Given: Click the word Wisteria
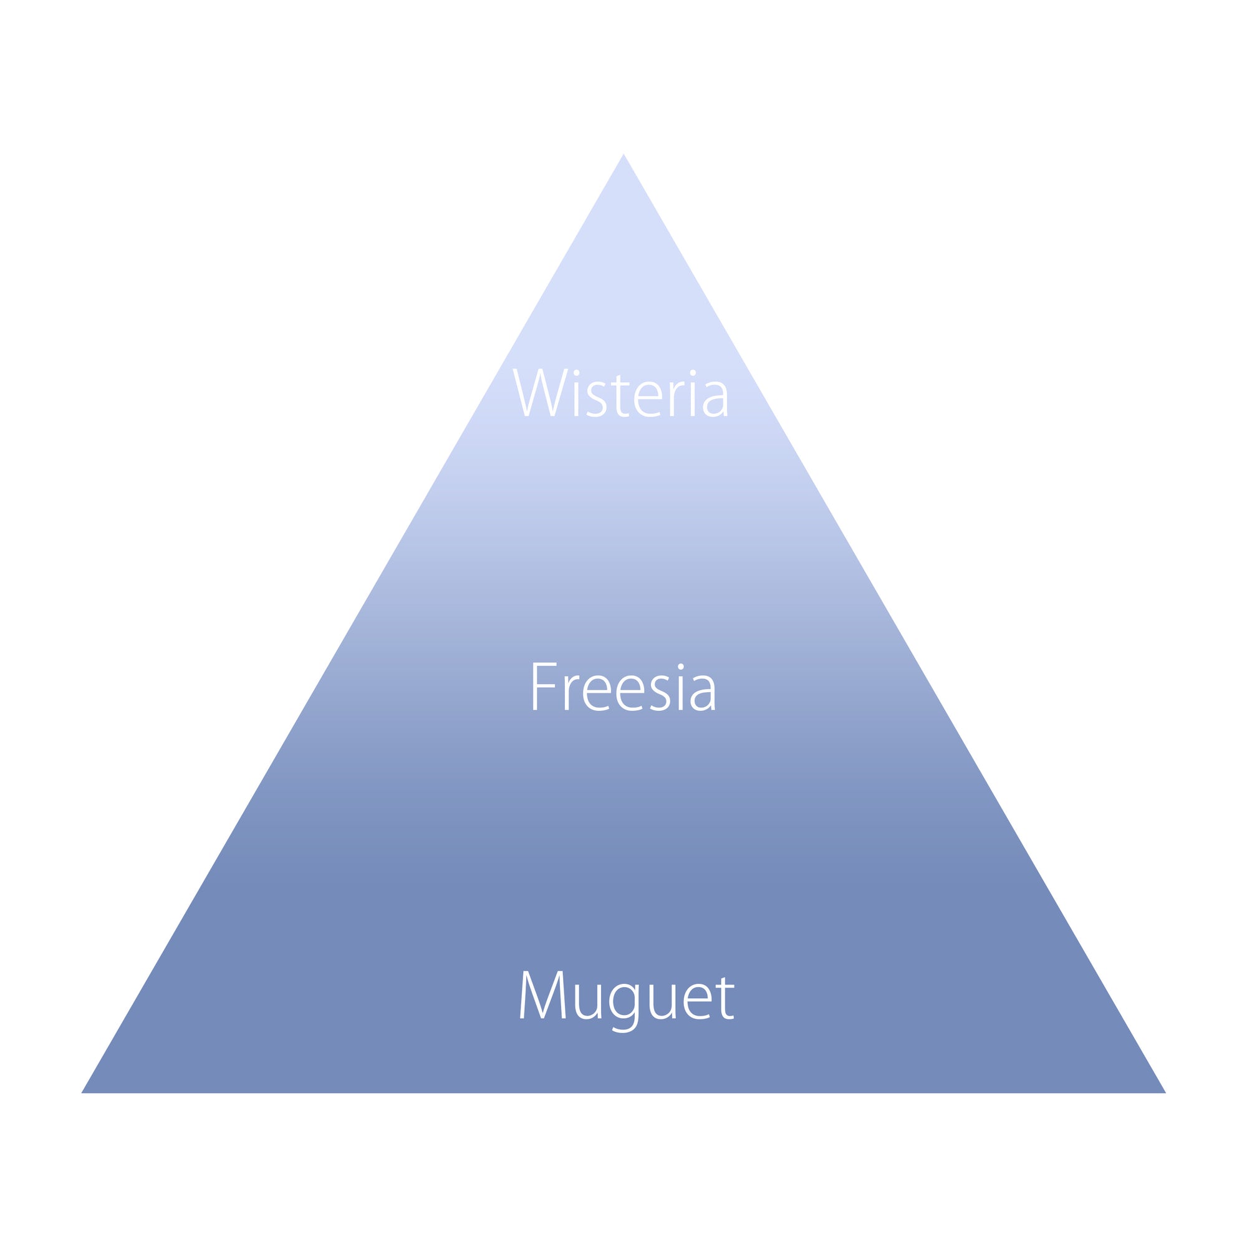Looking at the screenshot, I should pos(620,393).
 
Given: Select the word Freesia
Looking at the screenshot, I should pos(623,686).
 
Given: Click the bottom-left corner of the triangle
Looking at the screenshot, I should pos(84,1092).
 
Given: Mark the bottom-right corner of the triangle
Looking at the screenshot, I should pos(1163,1092).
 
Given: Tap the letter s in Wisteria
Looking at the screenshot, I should pos(595,400).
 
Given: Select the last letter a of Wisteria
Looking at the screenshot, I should pos(715,400).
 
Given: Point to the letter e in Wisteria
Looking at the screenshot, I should pos(648,400).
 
